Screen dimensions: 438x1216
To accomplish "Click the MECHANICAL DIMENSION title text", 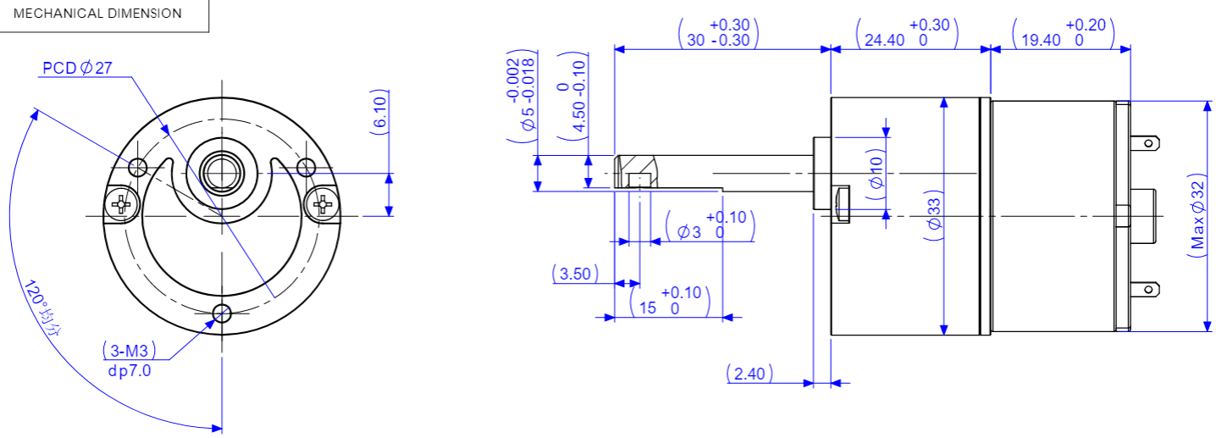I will click(x=97, y=14).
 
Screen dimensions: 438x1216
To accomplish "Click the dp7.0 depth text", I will click(x=130, y=370).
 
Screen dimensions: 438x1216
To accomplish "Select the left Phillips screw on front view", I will click(x=123, y=203).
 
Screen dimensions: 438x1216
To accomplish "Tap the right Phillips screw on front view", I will click(x=323, y=203).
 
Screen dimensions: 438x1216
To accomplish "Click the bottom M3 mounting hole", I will click(x=223, y=313).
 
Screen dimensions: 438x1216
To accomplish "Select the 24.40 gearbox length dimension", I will click(x=906, y=33).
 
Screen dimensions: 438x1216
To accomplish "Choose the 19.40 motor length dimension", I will click(x=1061, y=33).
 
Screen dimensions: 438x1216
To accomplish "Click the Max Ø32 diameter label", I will click(x=1197, y=217).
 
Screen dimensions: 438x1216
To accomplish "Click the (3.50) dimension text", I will click(x=576, y=274).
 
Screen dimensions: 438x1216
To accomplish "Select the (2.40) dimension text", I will click(x=749, y=374).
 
